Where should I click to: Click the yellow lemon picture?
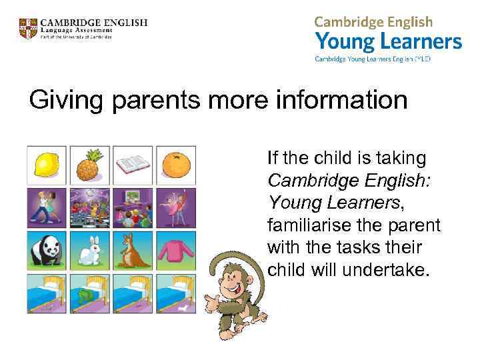47,164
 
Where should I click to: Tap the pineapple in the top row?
89,164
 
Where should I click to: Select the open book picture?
132,164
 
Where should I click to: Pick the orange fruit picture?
175,164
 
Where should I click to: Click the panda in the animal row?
47,251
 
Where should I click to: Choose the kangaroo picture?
132,251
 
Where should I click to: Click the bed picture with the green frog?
89,294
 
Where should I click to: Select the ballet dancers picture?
175,207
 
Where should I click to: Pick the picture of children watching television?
132,207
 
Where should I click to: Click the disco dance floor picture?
89,207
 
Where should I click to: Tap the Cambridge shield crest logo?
28,29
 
